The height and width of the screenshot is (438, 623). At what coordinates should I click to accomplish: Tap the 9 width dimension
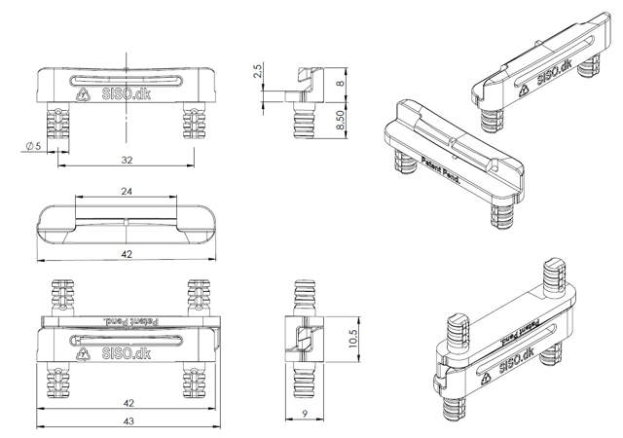[307, 414]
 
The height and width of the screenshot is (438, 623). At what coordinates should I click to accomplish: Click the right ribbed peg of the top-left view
[197, 124]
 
